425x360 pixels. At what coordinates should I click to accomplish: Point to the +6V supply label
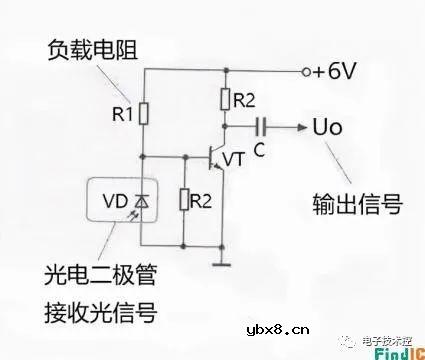click(334, 72)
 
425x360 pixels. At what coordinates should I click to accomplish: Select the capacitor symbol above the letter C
click(262, 127)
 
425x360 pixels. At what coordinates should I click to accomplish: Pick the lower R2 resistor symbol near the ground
click(185, 200)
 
